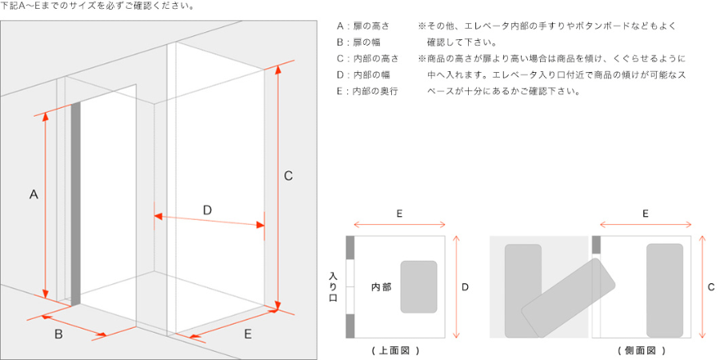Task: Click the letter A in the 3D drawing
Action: coord(34,194)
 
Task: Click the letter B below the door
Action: coord(58,334)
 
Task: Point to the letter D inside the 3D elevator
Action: coord(206,210)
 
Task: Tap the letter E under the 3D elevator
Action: coord(247,334)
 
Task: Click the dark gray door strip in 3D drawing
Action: coord(76,203)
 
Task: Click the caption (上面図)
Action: coord(395,350)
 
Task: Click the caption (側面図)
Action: coord(641,350)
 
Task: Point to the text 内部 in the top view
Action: coord(381,286)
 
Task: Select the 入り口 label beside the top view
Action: coord(333,286)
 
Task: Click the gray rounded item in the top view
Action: coord(418,286)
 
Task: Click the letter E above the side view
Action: coord(645,214)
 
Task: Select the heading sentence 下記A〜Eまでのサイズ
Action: coord(97,6)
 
